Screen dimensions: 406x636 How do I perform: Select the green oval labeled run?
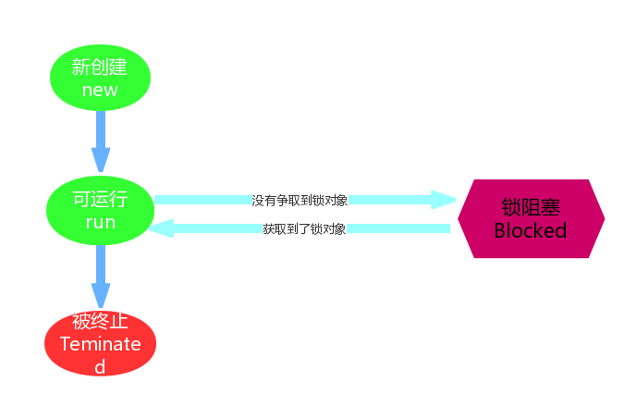point(100,211)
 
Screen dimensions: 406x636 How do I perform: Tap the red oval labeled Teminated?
point(100,343)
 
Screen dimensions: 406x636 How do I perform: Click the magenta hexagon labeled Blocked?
point(531,218)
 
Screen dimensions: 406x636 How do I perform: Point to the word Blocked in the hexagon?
point(531,231)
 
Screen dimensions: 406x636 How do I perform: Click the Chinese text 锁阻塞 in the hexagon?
point(531,207)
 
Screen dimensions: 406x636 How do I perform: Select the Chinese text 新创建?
point(100,67)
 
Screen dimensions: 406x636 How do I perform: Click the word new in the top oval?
point(100,90)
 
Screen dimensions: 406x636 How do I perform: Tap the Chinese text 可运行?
point(100,200)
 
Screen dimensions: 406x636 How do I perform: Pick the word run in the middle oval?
point(100,223)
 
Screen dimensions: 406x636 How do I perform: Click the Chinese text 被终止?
point(100,322)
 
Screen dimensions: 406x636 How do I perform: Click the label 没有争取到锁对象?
point(300,200)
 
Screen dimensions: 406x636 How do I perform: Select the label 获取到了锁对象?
point(304,228)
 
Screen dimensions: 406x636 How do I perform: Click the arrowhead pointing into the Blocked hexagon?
point(445,200)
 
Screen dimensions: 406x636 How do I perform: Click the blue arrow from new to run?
point(100,140)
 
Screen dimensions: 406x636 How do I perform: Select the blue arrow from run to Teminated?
point(100,277)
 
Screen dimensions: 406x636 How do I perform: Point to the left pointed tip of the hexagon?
point(458,218)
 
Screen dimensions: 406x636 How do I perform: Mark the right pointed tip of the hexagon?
point(605,218)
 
